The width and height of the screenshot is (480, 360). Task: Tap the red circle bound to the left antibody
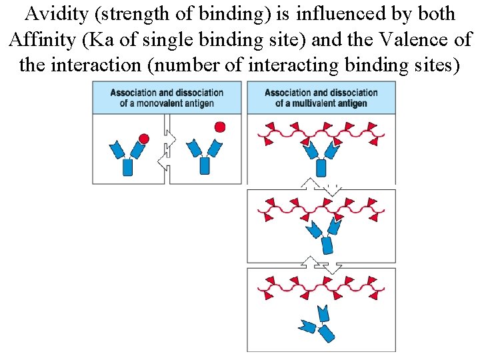coord(143,139)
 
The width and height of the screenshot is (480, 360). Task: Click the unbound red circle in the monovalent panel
coord(219,127)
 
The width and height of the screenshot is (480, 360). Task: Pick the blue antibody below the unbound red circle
coord(204,157)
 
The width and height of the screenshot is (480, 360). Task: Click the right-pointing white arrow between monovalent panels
coord(169,139)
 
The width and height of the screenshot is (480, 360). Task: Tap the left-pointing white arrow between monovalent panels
coord(163,161)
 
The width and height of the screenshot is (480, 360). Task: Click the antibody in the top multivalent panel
coord(321,157)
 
